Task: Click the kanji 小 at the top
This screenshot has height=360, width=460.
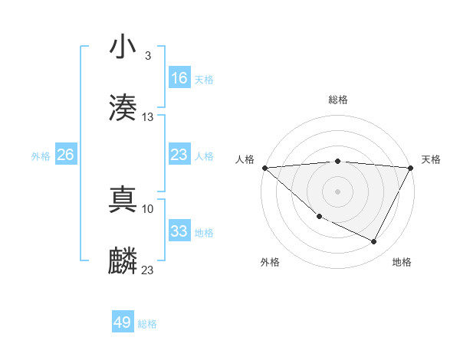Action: click(x=123, y=48)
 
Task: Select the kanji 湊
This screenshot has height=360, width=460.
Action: click(x=123, y=107)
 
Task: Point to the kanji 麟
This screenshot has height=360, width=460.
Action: click(x=123, y=260)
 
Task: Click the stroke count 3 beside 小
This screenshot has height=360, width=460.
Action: click(x=147, y=56)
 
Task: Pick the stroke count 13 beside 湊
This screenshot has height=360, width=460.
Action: click(x=148, y=117)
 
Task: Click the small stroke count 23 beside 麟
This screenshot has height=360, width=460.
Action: click(x=148, y=270)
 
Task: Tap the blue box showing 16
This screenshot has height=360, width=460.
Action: click(x=179, y=78)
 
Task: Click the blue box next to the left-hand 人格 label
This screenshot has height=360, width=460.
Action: click(x=179, y=155)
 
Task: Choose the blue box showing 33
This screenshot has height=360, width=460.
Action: click(x=179, y=231)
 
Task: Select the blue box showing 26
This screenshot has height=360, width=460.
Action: click(x=66, y=155)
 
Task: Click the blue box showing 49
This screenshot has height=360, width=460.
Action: click(x=123, y=322)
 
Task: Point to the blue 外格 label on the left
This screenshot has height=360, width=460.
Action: click(x=41, y=155)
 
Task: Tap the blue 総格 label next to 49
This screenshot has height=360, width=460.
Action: click(x=147, y=324)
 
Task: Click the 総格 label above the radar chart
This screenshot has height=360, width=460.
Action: click(x=337, y=100)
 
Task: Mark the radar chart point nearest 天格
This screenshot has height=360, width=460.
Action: click(x=411, y=168)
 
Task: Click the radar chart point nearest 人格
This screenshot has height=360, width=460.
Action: click(x=264, y=168)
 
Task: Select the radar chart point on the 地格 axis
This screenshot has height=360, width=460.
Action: click(x=374, y=242)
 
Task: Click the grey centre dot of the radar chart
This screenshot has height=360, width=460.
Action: click(x=337, y=191)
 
